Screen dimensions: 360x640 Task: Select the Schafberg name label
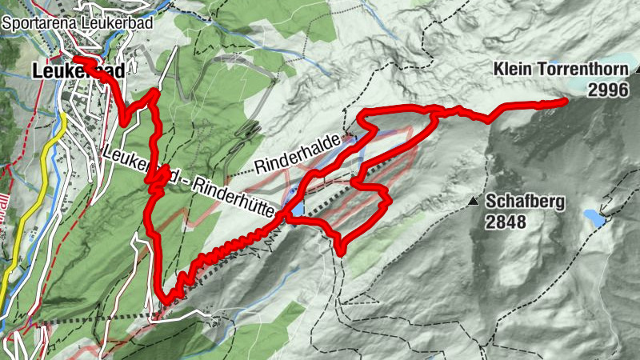pos(525,202)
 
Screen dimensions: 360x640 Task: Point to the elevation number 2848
pos(506,222)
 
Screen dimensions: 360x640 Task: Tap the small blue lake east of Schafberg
pos(594,216)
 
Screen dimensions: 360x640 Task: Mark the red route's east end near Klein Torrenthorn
pos(565,100)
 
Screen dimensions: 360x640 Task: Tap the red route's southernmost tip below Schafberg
pos(341,253)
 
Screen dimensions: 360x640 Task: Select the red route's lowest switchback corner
pos(166,301)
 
